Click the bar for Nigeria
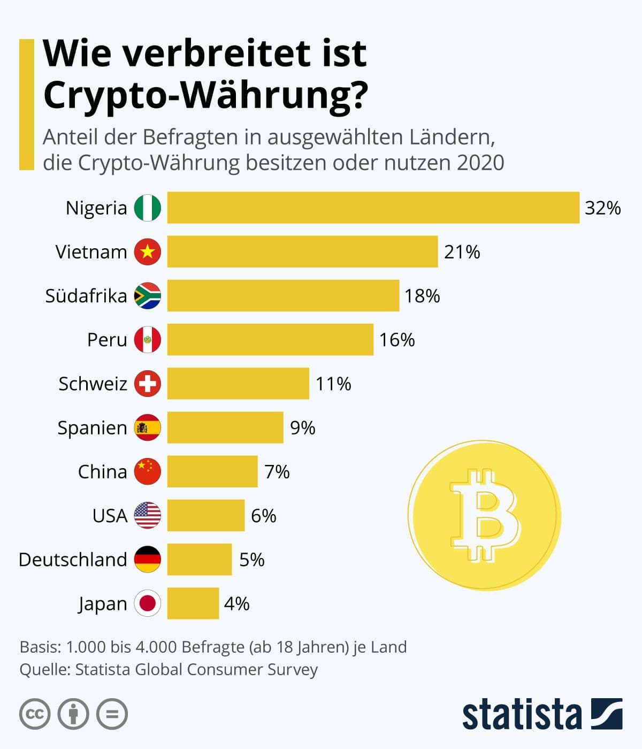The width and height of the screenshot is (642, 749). (x=373, y=208)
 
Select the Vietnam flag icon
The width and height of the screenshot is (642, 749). (x=148, y=251)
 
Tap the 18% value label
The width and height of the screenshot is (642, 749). (x=422, y=296)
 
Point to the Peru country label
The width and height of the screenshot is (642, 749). (x=107, y=340)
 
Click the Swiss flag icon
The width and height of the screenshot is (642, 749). (x=148, y=384)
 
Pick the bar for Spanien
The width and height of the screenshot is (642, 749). (x=225, y=427)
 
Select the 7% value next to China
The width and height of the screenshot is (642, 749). (x=277, y=472)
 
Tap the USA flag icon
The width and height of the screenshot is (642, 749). (x=148, y=516)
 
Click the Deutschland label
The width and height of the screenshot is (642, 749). (x=73, y=560)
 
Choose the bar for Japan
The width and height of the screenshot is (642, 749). (x=193, y=603)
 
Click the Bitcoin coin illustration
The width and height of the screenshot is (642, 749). (x=484, y=516)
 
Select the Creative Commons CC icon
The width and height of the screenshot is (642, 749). (x=35, y=714)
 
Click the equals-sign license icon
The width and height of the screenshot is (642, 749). (x=112, y=714)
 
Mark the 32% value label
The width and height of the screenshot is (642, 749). (x=602, y=208)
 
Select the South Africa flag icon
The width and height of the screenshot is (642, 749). (x=148, y=296)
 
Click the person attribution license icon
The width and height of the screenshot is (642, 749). (x=73, y=714)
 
